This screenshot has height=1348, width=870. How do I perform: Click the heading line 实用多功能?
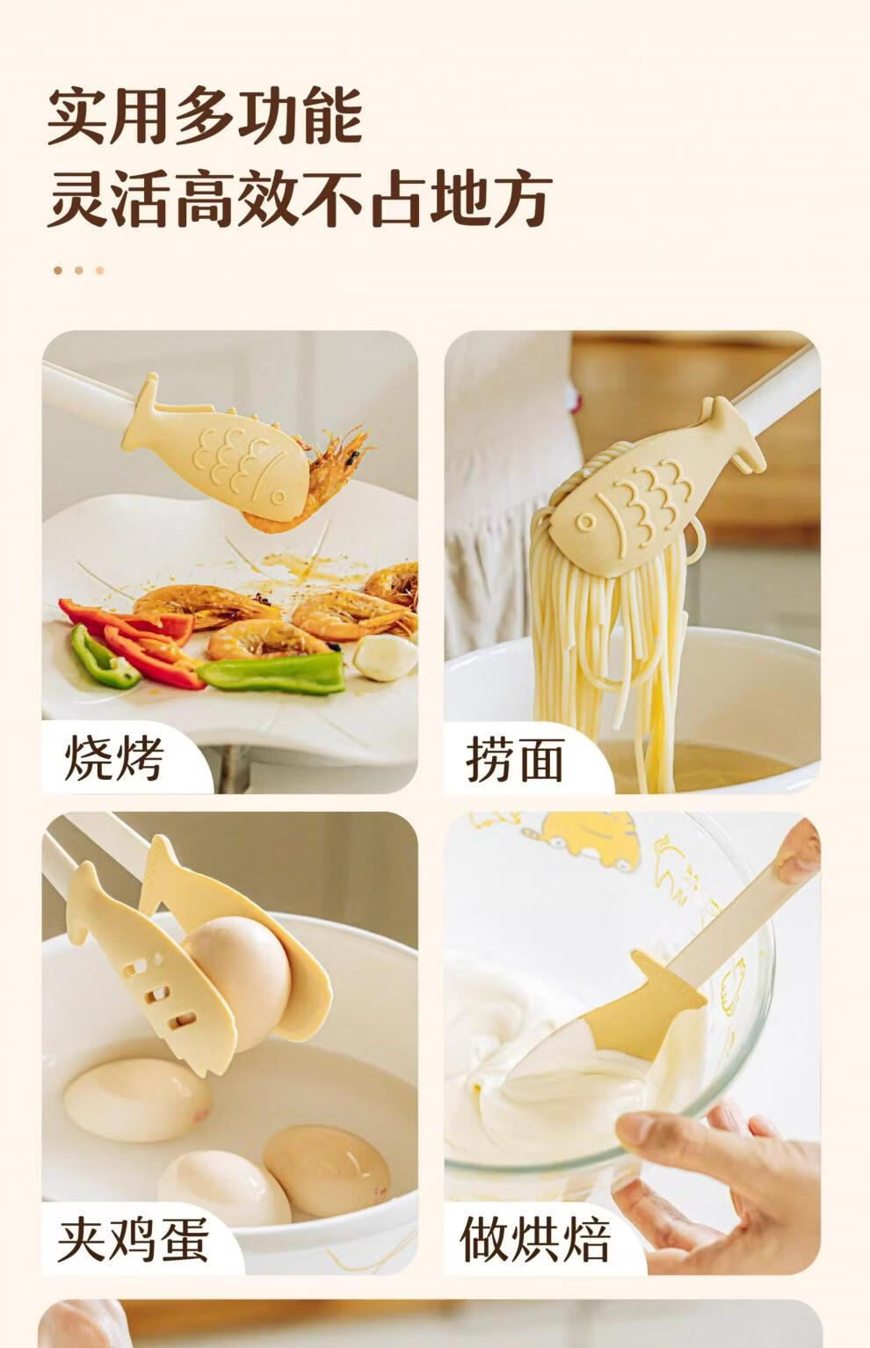[205, 116]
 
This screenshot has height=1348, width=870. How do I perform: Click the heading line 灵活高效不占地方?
[300, 198]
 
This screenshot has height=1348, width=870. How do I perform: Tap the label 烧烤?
[114, 758]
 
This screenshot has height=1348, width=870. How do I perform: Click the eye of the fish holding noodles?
[584, 521]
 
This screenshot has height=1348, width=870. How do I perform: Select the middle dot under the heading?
[79, 270]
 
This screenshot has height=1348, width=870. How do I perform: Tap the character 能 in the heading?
[332, 116]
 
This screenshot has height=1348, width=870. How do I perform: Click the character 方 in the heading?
[522, 198]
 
